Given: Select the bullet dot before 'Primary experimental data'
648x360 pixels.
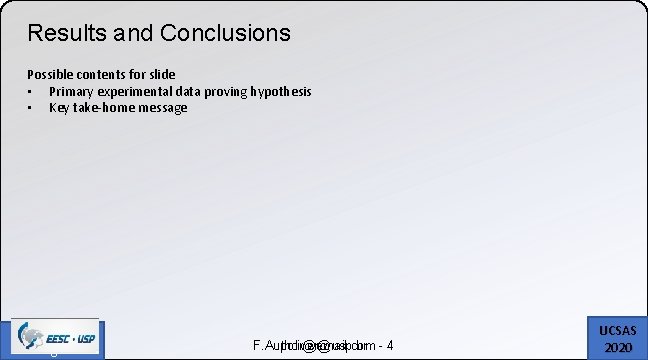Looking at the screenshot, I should tap(31, 91).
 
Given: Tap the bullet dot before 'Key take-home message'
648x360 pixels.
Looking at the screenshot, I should tap(31, 107).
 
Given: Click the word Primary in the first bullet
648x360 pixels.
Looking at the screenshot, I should tap(70, 91).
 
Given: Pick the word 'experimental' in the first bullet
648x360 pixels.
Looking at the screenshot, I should tap(132, 91).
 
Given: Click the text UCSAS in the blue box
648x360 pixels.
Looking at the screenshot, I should tap(619, 329).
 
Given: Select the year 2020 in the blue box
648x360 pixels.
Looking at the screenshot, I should tap(619, 346).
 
